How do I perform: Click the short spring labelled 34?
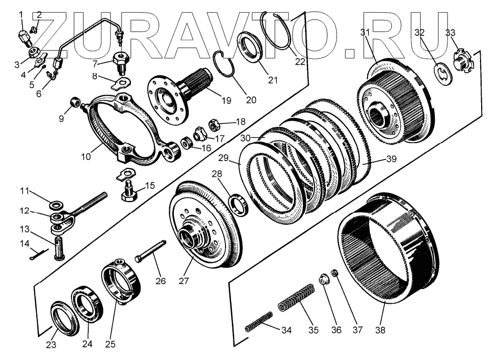point(259,321)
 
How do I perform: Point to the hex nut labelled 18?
point(214,125)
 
